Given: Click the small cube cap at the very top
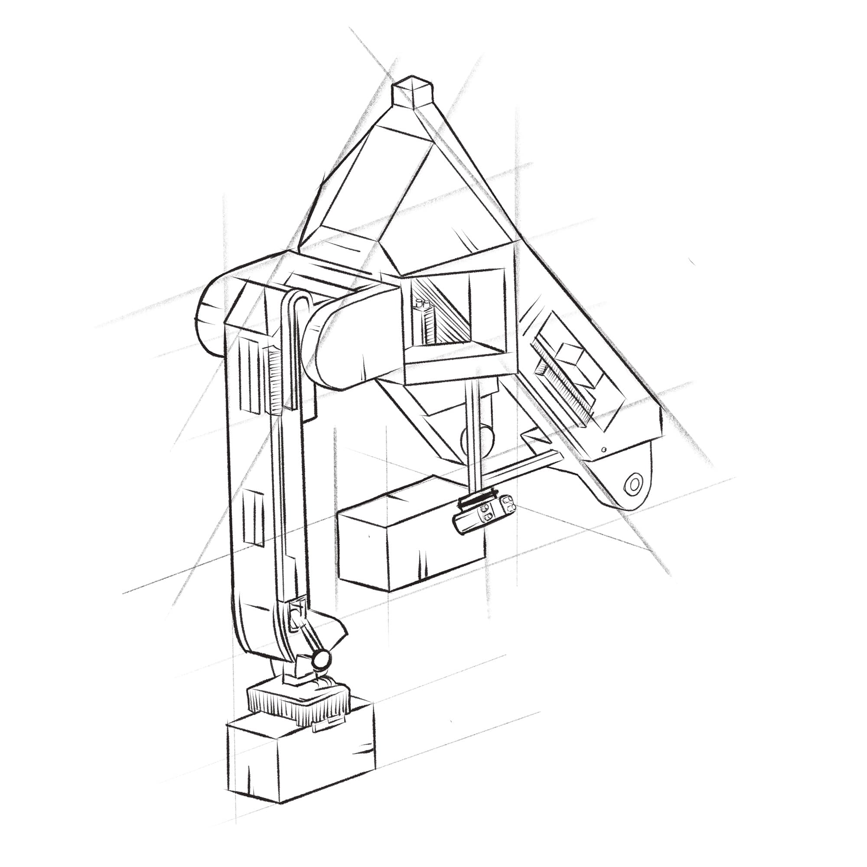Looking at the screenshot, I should pos(412,93).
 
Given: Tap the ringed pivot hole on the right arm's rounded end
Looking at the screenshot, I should pos(634,485).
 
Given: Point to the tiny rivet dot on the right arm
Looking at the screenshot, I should pos(604,449).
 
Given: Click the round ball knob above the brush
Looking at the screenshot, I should pos(321,658).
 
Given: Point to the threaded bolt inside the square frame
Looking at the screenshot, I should pos(424,323).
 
